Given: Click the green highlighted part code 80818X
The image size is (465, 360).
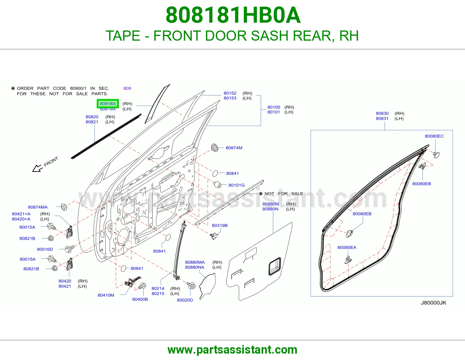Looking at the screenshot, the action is point(108,104).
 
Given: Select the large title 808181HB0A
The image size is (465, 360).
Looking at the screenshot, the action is point(233,15).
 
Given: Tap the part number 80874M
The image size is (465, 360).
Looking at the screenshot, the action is point(234,148).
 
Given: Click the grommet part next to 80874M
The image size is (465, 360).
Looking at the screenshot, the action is point(214,148).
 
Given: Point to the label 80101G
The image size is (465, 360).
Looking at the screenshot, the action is point(237,185).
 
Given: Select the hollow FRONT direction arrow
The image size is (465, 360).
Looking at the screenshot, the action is point(37,168).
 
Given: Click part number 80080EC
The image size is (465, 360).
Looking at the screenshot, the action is point(434,136).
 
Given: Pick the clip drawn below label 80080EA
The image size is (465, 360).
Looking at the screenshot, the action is point(348,260).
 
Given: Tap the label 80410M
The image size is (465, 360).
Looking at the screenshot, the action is point(106,295).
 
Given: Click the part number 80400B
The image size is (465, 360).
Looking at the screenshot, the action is point(140,299).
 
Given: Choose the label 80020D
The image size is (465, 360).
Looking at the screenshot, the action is point(185,300).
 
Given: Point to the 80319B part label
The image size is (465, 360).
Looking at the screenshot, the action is point(219,226).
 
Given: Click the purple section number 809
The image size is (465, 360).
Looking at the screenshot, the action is point(127,88).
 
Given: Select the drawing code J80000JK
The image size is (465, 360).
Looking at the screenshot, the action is point(434,303).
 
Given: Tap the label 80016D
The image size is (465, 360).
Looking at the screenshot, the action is point(45,249).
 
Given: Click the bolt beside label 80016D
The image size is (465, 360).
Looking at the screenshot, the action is point(69,249).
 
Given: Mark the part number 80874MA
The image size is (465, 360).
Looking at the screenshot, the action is point(38,207).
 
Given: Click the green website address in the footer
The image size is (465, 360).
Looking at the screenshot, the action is point(233,350).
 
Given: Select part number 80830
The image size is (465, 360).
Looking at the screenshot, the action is point(382,113).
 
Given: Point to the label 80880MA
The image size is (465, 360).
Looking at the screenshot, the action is point(195,262).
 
